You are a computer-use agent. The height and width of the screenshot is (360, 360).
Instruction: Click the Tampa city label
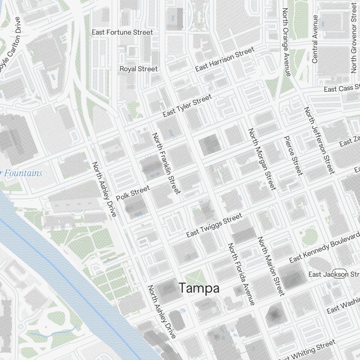click(199, 288)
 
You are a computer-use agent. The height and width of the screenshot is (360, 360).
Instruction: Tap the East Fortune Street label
click(122, 32)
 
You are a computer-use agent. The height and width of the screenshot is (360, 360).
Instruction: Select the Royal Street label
click(139, 69)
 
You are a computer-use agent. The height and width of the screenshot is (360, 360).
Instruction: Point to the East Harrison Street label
click(225, 59)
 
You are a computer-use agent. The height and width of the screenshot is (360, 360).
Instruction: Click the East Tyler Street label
click(187, 106)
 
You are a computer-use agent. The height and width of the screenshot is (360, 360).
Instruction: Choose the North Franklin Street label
click(166, 163)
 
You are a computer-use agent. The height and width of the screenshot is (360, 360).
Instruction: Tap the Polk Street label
click(133, 194)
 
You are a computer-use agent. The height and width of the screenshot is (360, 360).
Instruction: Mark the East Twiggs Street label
click(214, 226)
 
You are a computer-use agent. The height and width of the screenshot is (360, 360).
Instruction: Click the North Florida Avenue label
click(241, 274)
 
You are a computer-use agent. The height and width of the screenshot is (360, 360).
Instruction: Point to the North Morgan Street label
click(262, 159)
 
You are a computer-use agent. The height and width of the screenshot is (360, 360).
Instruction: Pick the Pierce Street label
click(293, 156)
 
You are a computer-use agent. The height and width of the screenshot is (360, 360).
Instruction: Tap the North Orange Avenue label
click(287, 42)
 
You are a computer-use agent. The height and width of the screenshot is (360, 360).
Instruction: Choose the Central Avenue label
click(315, 39)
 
